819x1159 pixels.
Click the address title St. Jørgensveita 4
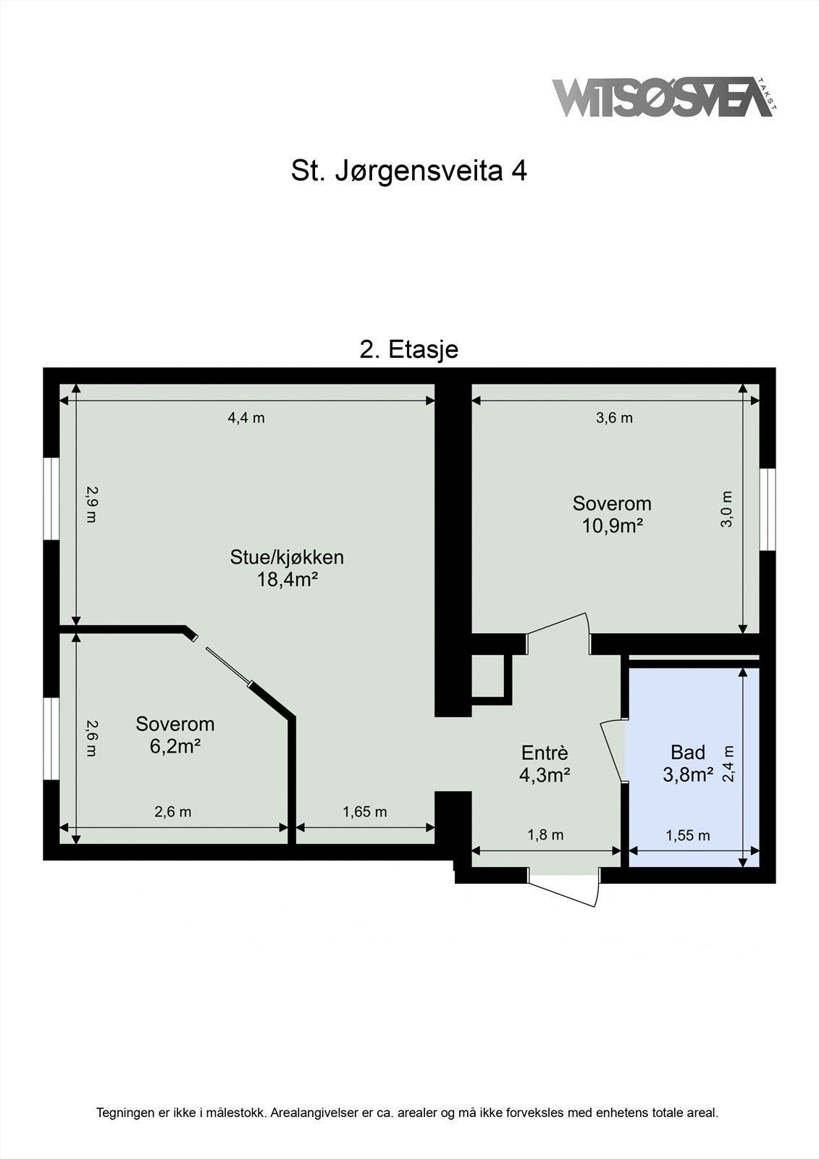408,172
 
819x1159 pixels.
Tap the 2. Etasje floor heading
408,350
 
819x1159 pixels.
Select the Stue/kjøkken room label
287,557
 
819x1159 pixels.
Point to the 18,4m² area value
287,579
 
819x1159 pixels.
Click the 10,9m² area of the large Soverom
613,525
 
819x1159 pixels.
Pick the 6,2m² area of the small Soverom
175,745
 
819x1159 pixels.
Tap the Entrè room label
545,753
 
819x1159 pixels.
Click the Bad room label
687,752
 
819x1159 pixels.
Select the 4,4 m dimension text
246,418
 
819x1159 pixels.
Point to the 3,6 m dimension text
614,418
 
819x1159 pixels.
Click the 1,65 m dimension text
364,812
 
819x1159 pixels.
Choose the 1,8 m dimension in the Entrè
545,835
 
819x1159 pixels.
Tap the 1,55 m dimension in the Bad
687,835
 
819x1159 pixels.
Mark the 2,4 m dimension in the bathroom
728,765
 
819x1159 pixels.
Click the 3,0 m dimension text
727,509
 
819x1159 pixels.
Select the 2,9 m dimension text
91,504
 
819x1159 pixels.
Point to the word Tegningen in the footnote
125,1113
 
